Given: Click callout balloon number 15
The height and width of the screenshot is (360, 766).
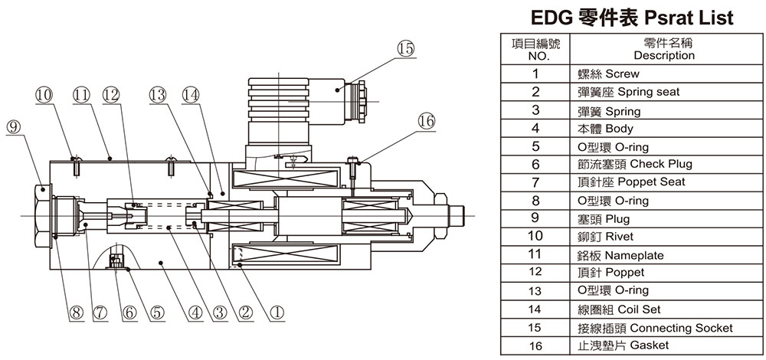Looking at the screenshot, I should pyautogui.click(x=405, y=49).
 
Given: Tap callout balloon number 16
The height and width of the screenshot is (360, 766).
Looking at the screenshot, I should pyautogui.click(x=426, y=120).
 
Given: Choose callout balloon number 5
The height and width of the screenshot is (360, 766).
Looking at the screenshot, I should pyautogui.click(x=157, y=312).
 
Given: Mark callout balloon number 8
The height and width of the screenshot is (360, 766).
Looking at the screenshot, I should pyautogui.click(x=74, y=312).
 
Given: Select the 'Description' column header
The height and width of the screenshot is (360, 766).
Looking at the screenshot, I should pyautogui.click(x=663, y=49).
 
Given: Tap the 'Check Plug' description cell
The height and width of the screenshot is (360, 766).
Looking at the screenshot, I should pyautogui.click(x=635, y=164).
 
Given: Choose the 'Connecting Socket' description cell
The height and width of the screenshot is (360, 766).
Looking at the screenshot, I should pyautogui.click(x=656, y=327).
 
